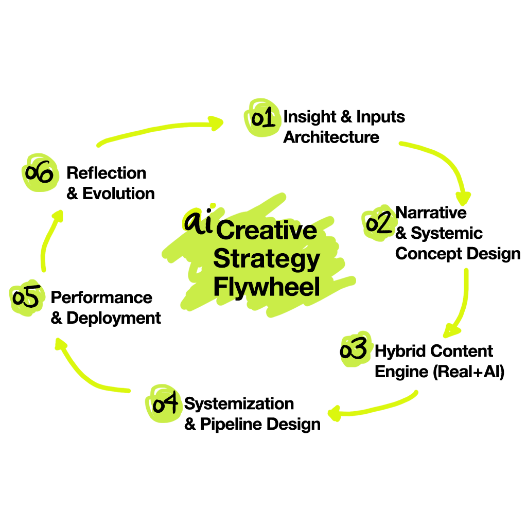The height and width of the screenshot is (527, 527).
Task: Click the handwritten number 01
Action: click(262, 118)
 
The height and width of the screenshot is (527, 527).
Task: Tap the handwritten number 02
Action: click(378, 224)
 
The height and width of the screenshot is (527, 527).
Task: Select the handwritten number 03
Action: click(354, 349)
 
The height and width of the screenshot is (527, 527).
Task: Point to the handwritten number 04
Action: click(165, 403)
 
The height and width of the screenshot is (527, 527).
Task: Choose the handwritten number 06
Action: click(39, 173)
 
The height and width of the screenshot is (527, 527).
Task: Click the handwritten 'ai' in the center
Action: click(198, 223)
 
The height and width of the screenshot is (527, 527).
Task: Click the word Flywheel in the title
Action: click(267, 287)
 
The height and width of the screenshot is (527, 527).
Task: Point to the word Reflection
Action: click(107, 173)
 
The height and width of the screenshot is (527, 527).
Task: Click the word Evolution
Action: click(118, 194)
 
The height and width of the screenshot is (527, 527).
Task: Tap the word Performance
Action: click(101, 297)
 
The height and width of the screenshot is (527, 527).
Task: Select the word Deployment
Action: click(114, 318)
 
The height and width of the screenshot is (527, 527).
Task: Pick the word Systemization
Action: click(239, 403)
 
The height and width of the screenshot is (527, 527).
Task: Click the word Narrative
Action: click(431, 213)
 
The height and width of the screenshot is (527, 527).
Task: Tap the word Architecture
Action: click(331, 137)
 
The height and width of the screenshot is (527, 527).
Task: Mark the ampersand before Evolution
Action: click(72, 194)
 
